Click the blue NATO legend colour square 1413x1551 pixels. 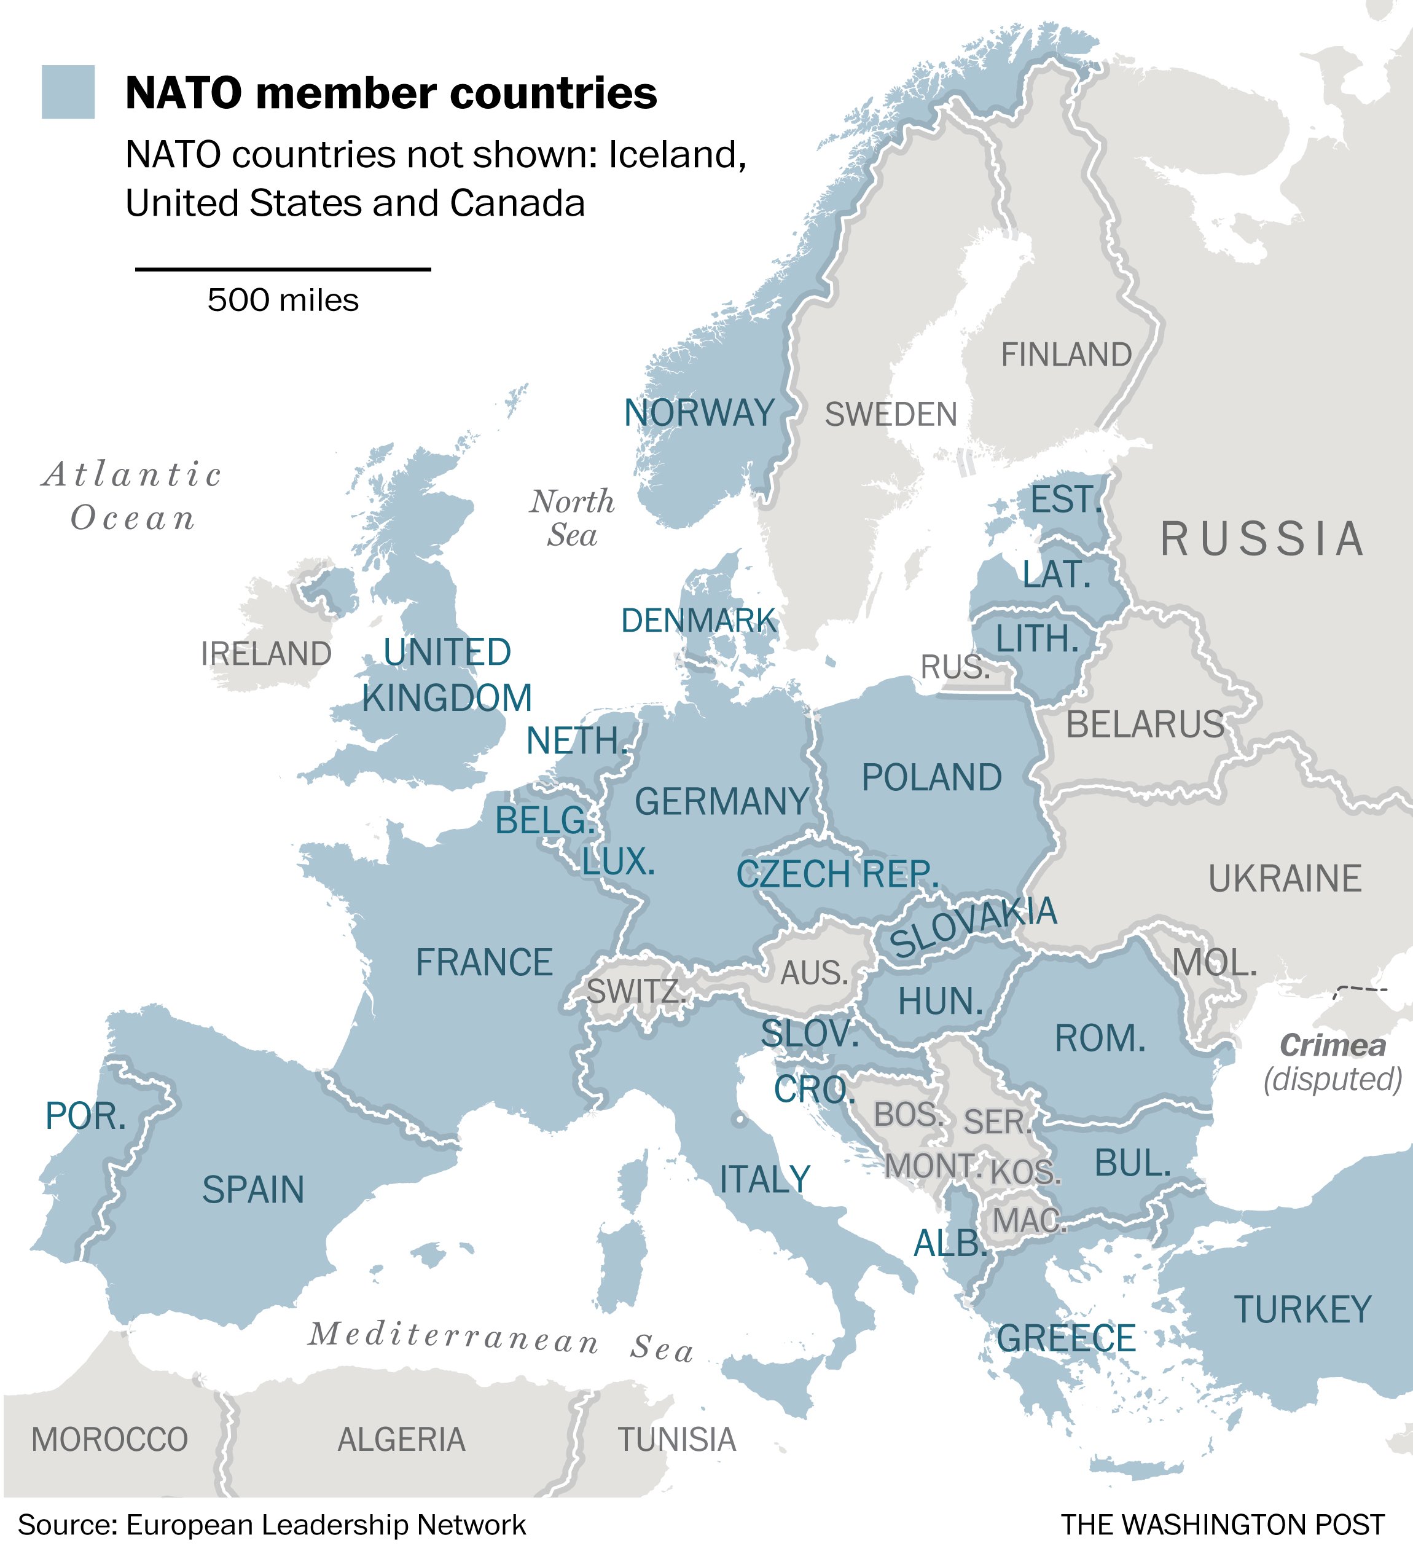[x=68, y=92]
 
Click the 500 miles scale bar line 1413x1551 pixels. [x=282, y=269]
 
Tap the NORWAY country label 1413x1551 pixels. [x=699, y=413]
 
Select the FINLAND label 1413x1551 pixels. [x=1066, y=355]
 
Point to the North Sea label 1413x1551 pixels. [x=573, y=518]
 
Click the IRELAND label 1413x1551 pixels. [x=266, y=654]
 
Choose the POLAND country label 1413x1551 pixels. [x=931, y=778]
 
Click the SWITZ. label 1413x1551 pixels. [x=635, y=991]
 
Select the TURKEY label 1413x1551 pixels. [x=1303, y=1310]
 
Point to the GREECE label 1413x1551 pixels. [x=1066, y=1338]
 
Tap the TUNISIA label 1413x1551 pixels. [x=677, y=1439]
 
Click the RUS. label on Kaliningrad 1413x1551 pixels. [x=955, y=667]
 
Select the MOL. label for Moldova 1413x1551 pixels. [x=1215, y=962]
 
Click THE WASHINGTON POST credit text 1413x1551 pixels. [x=1223, y=1524]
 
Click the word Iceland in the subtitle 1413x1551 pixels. [x=677, y=155]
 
